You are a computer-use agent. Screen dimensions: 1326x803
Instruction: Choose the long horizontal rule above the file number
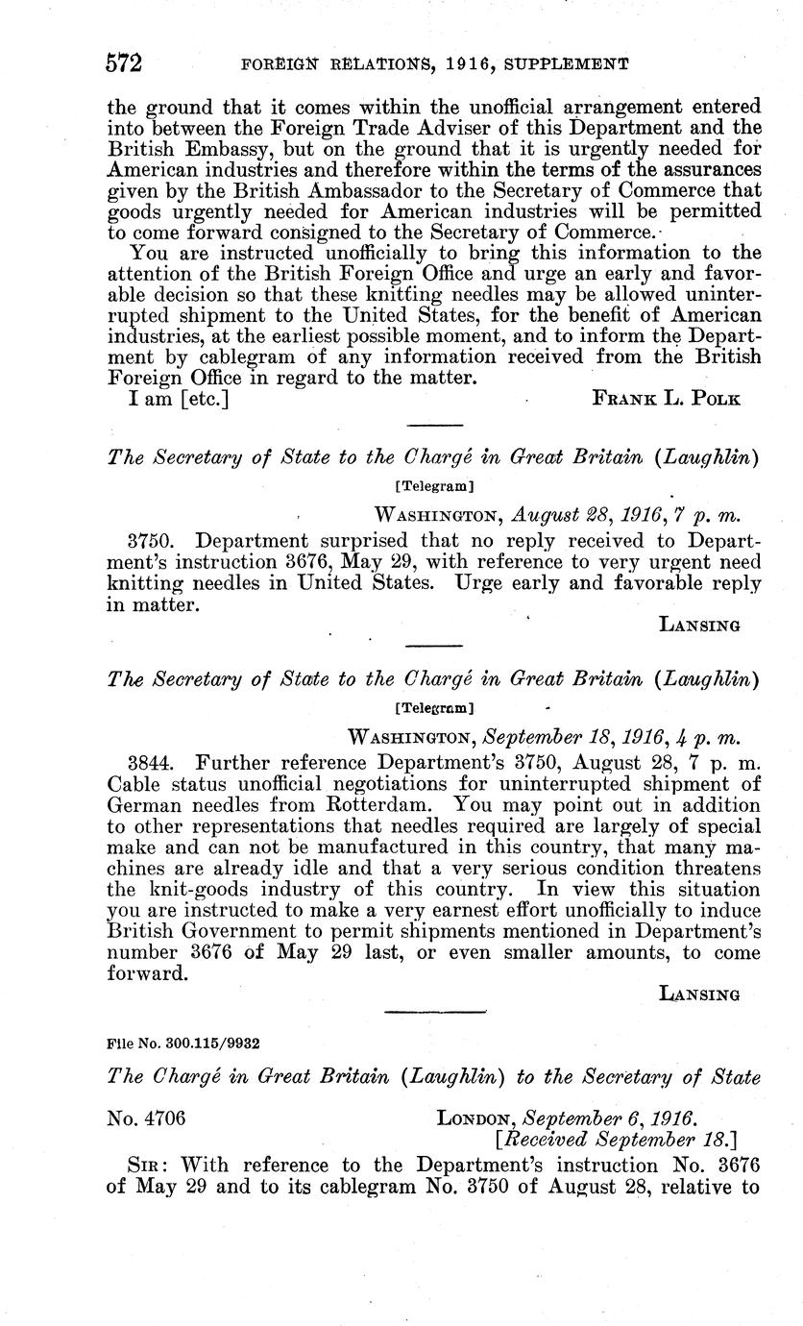coord(434,1011)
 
